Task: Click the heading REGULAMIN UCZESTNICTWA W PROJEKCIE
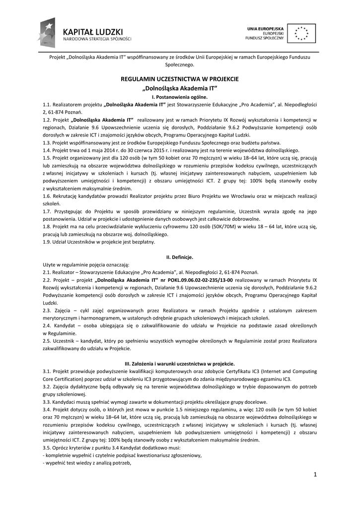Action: (x=180, y=79)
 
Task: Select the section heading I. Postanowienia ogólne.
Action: (x=180, y=97)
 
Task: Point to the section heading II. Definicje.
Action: (x=180, y=257)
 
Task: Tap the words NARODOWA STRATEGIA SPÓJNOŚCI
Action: (x=97, y=38)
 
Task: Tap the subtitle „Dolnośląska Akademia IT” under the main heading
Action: (x=180, y=88)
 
